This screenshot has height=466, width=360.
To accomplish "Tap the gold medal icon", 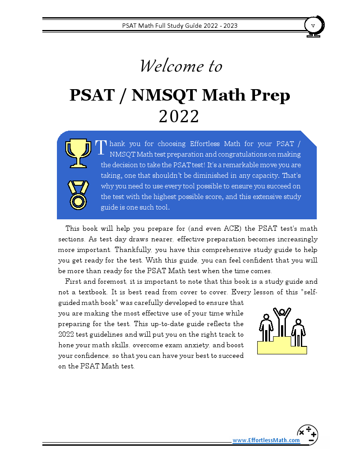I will [x=78, y=195].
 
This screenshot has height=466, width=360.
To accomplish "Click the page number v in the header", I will [x=313, y=25].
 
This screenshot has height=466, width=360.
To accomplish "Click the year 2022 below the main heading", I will [x=179, y=116].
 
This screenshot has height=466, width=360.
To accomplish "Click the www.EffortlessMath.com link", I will [x=266, y=440].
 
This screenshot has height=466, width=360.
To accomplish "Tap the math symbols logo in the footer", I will [x=307, y=435].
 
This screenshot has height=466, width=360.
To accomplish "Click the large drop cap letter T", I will [x=101, y=147].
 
